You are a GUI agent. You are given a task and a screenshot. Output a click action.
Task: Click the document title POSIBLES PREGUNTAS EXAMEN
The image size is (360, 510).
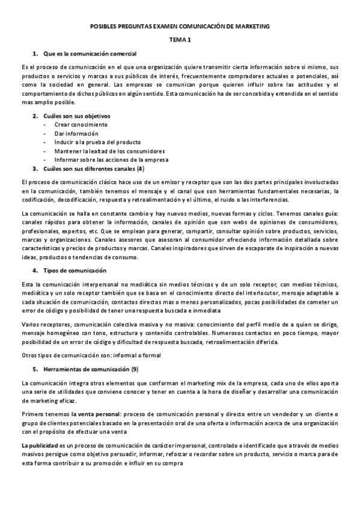180,26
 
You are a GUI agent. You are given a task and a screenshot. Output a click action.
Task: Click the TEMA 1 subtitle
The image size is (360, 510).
180,40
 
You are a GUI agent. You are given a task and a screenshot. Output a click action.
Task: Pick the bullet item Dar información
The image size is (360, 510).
77,133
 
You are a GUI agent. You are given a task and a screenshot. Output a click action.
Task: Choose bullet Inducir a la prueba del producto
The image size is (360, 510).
97,142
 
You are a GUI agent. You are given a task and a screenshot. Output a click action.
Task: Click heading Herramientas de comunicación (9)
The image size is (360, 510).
90,368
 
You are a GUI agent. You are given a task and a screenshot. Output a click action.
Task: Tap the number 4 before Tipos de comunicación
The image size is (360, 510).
35,271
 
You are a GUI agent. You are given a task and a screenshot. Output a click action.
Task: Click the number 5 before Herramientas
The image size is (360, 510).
35,368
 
